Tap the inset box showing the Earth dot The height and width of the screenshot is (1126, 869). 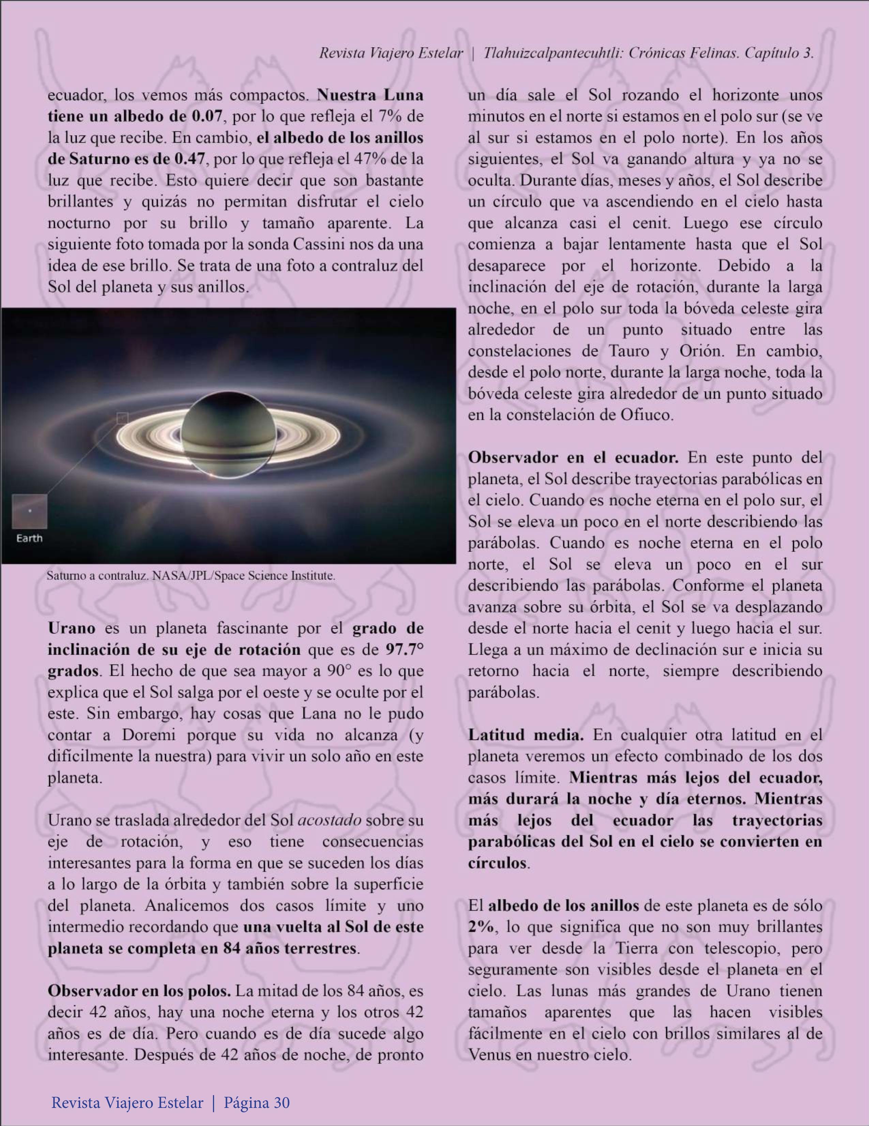pyautogui.click(x=29, y=511)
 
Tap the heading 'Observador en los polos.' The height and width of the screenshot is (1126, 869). pyautogui.click(x=139, y=991)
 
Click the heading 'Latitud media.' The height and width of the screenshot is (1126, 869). pyautogui.click(x=525, y=735)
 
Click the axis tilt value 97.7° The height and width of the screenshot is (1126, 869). pyautogui.click(x=405, y=649)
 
